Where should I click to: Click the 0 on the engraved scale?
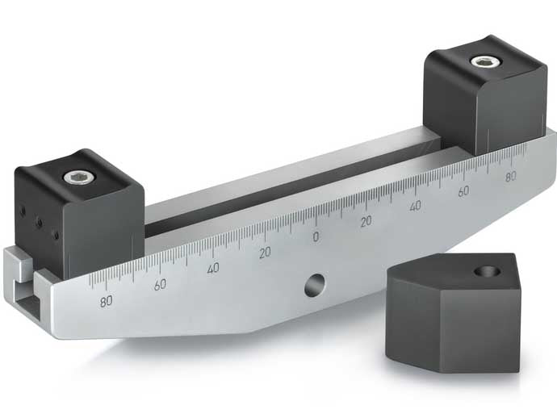[x=316, y=236]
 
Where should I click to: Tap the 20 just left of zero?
[x=265, y=253]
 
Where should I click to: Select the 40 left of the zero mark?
[x=213, y=269]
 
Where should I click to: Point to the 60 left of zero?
[x=160, y=284]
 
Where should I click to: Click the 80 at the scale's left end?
[x=106, y=301]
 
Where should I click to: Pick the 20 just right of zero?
[x=366, y=220]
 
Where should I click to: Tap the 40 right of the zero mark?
[x=415, y=206]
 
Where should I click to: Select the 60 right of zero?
[x=463, y=191]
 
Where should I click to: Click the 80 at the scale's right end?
[x=510, y=177]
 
